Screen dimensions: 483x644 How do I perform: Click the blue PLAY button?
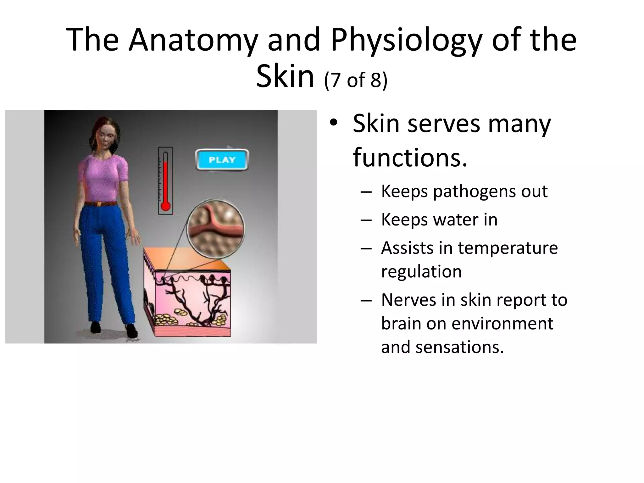(222, 160)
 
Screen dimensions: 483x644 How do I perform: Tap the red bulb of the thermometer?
(165, 206)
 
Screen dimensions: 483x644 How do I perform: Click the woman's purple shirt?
(103, 179)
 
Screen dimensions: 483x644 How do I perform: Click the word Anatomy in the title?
(193, 40)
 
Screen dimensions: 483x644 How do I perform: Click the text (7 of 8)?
(355, 80)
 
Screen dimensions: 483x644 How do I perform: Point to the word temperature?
(508, 248)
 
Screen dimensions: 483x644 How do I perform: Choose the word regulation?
(421, 271)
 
